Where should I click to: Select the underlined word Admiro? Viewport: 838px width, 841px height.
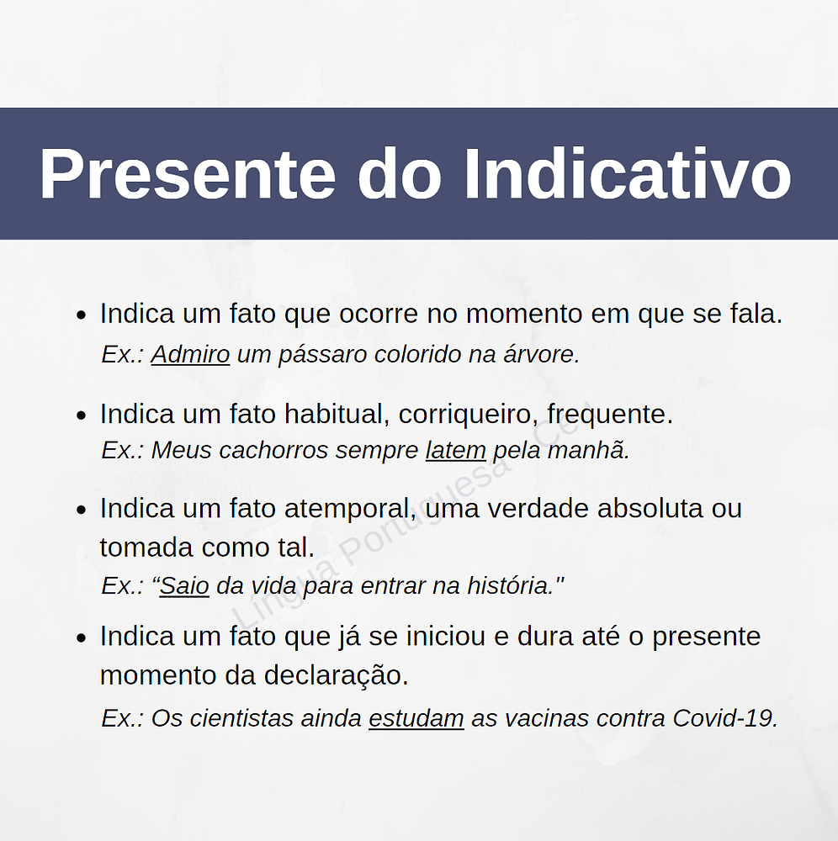190,355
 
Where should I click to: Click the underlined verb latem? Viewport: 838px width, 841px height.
455,451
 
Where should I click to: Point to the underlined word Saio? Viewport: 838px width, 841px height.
184,585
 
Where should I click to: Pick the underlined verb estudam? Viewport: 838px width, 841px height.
416,718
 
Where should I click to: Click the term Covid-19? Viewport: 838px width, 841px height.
724,718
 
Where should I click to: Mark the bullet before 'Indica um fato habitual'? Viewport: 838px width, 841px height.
82,415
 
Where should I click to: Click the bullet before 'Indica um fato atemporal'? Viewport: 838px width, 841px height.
82,510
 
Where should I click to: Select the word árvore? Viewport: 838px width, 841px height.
546,355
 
